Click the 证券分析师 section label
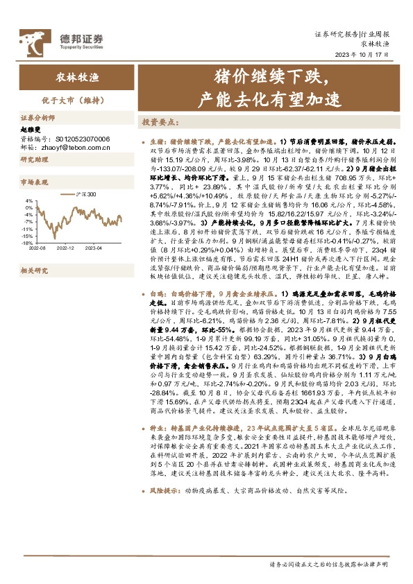point(35,119)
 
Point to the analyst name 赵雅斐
point(30,129)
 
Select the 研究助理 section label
point(32,160)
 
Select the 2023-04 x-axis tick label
point(93,248)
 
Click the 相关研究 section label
point(32,270)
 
